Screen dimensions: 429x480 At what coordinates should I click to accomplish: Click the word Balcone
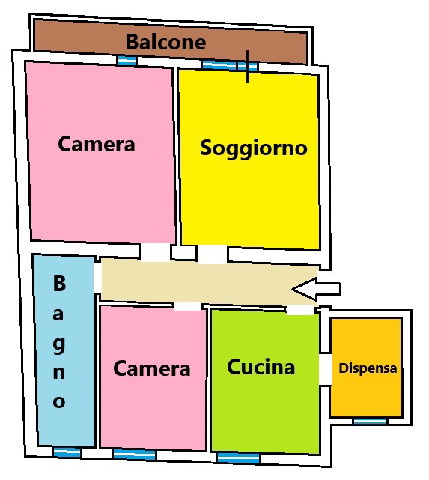tap(165, 42)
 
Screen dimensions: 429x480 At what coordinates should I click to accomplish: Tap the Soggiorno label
tap(253, 148)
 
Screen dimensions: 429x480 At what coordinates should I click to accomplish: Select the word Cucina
tap(261, 367)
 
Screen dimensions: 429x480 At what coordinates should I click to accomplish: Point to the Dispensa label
tap(368, 368)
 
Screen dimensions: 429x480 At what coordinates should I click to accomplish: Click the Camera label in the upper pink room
tap(97, 144)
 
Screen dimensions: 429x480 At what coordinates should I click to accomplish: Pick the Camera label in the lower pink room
tap(151, 368)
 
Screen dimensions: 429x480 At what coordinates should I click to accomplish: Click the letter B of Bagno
tap(59, 283)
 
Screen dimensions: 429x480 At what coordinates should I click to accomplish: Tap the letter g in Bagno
tap(59, 345)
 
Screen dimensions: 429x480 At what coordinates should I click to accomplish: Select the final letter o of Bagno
tap(59, 401)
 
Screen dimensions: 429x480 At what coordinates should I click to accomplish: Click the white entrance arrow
tap(316, 289)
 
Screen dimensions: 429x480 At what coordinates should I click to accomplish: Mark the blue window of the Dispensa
tap(370, 421)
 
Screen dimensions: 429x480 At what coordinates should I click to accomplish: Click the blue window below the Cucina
tap(238, 458)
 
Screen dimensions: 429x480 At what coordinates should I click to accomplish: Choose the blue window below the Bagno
tap(67, 452)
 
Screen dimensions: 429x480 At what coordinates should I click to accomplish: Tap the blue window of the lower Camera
tap(134, 454)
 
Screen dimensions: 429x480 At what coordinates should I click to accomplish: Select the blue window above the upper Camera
tap(127, 61)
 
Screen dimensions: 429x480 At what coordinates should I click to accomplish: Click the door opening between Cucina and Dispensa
tap(325, 369)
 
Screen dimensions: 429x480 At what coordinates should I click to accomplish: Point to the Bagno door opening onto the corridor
tap(97, 277)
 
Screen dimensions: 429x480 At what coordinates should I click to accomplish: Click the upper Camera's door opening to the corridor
tap(155, 252)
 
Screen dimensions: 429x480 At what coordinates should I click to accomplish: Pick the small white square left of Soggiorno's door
tap(183, 252)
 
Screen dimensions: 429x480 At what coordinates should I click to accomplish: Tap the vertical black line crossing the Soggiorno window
tap(247, 67)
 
